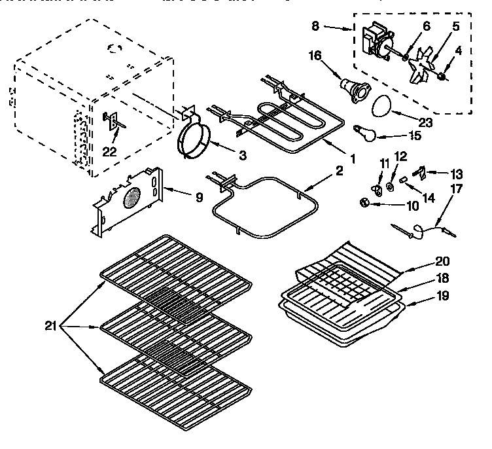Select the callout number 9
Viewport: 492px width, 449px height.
tap(199, 195)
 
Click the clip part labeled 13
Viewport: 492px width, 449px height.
tap(423, 173)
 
